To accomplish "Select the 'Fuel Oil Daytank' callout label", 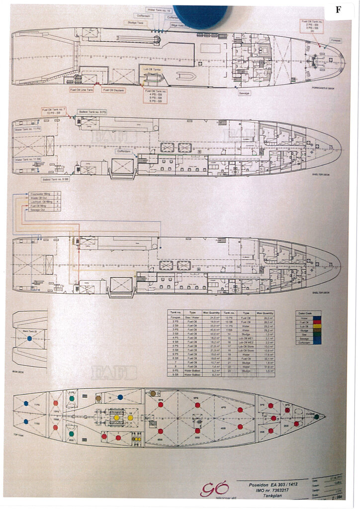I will tap(113, 90).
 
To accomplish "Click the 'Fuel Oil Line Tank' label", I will tap(83, 90).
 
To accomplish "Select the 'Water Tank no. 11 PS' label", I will tap(28, 129).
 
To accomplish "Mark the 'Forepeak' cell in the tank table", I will tap(175, 317).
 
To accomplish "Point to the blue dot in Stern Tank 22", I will tap(29, 339).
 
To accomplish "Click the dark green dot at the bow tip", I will tap(316, 417).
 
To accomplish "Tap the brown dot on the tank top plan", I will tap(98, 398).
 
